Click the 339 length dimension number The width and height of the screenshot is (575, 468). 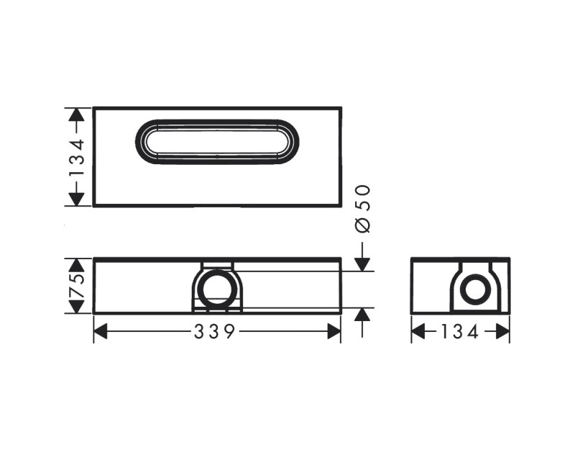216,331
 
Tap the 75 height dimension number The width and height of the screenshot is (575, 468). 77,286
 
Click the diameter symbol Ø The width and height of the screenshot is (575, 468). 363,225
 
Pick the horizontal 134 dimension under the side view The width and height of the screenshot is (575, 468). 460,331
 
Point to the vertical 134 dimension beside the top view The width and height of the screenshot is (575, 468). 77,157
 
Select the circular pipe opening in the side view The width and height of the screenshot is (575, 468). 474,291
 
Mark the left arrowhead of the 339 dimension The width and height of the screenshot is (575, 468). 101,331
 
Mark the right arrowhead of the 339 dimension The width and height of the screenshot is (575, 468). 334,331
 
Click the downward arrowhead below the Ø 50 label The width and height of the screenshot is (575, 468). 363,264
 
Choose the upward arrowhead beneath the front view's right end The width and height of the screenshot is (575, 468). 363,315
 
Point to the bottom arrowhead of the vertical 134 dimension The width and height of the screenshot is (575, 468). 77,199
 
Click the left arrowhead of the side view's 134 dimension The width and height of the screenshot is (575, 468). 418,331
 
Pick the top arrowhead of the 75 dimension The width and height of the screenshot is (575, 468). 77,265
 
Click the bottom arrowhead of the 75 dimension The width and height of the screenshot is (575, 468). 77,307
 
